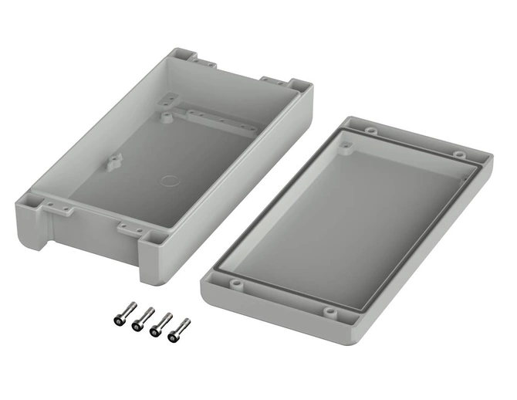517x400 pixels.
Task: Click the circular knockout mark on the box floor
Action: (x=167, y=183)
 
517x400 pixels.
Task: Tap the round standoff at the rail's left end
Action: (x=167, y=116)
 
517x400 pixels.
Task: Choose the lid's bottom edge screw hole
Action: (x=329, y=312)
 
